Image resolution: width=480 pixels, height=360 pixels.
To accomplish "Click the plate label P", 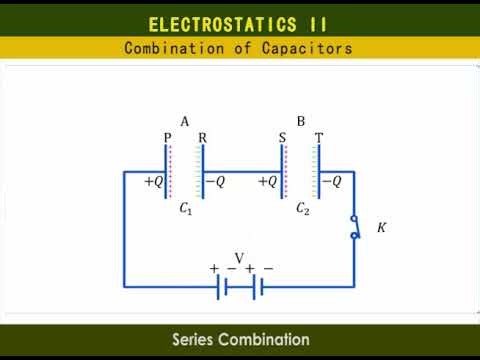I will pos(167,138).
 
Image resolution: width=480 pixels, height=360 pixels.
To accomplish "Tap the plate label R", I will pos(202,138).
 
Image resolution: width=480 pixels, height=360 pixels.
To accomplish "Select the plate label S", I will pos(284,138).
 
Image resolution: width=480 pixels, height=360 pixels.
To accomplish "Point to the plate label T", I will pos(318,138).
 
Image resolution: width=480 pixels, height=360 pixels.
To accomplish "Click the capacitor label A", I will pos(185,121).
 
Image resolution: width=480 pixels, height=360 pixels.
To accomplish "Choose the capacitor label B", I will pos(301,121).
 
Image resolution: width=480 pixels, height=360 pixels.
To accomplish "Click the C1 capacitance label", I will pos(186,209).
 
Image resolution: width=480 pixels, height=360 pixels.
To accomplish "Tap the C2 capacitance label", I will pos(302,209).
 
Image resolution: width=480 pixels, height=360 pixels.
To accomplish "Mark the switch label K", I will pos(381,228).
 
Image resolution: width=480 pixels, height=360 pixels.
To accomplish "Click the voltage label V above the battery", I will pos(239,257).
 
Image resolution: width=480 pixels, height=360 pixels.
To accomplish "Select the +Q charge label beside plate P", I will pos(154,182).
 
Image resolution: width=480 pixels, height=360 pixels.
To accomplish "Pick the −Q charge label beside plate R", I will pos(215,182).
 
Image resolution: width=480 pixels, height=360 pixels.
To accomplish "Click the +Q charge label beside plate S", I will pos(268,182).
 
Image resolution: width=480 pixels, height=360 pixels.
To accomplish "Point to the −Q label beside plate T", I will pos(331,182).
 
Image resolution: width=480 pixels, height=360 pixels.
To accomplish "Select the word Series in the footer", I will pos(197,340).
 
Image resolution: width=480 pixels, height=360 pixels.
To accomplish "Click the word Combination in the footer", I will pos(267,340).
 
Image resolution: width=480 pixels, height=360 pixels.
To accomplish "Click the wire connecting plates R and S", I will pos(243,171).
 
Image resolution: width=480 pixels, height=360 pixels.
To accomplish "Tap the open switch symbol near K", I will pos(354,227).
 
